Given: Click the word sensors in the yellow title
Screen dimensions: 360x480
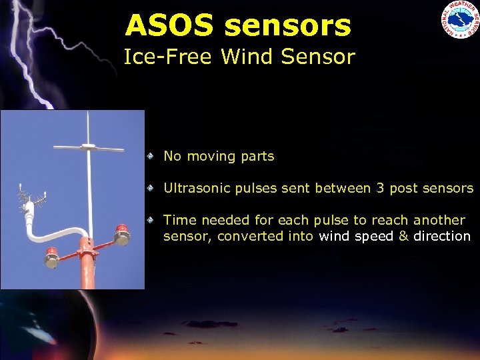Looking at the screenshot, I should pos(287,26).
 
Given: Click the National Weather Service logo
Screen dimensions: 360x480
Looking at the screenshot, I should pos(459,20).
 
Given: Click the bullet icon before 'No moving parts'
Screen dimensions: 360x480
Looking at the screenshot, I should pos(152,156).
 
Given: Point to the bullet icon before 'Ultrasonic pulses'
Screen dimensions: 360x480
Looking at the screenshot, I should pos(152,188).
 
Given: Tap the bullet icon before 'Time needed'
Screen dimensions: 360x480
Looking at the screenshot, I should pos(152,219).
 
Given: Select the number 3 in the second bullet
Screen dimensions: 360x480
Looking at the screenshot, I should pos(380,188).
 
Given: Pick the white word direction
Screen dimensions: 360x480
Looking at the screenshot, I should pos(442,236).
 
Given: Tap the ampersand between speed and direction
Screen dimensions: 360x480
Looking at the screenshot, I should pos(404,236).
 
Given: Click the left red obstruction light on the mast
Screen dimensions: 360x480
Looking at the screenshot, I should pos(52,257).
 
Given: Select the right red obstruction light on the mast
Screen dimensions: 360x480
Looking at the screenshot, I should pos(121,235).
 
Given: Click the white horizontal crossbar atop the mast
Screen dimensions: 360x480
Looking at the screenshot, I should pos(89,146).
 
